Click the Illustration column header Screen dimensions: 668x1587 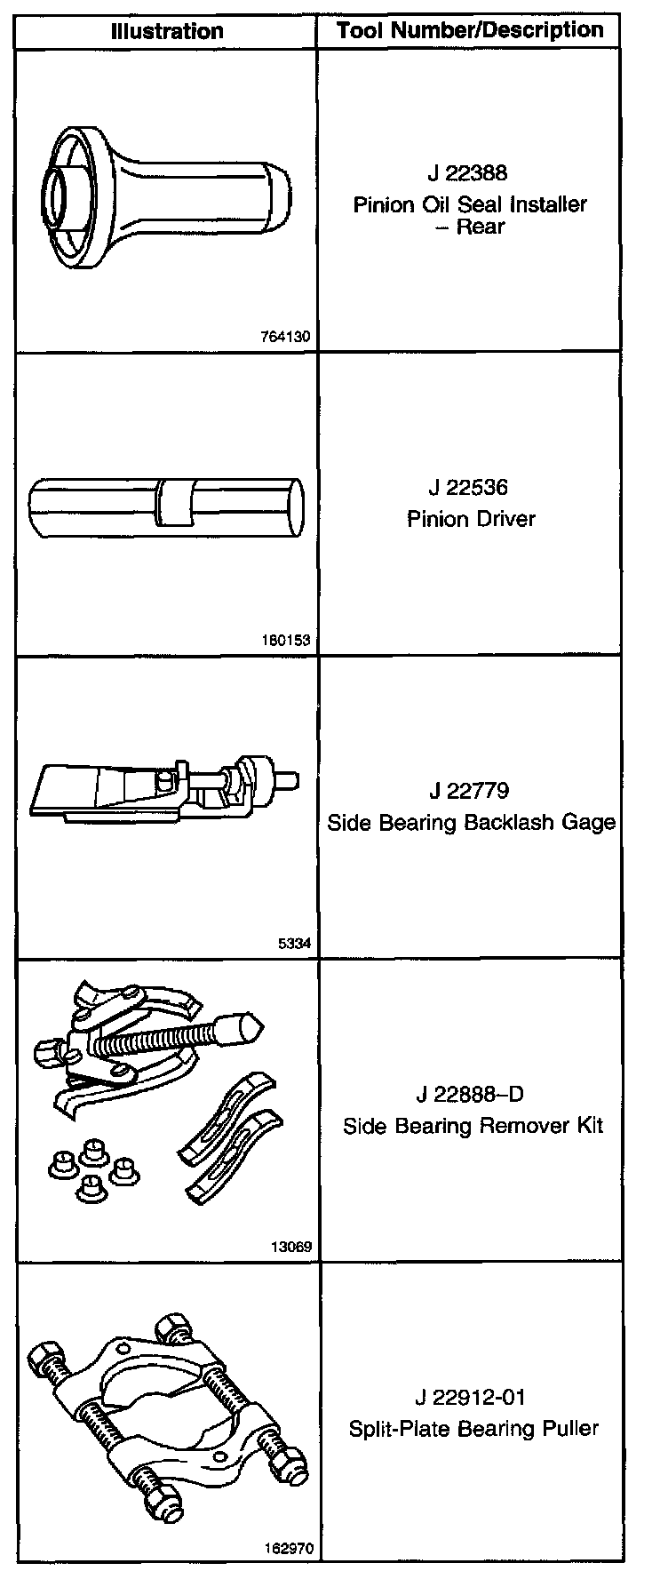coord(167,33)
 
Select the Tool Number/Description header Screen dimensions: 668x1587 coord(470,31)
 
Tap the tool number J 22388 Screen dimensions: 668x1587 coord(468,172)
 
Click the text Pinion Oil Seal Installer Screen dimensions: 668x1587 coord(470,205)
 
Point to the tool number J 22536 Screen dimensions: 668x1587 coord(468,487)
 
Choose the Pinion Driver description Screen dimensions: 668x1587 coord(471,519)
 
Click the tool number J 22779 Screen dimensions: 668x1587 coord(468,790)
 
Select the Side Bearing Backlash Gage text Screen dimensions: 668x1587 coord(471,822)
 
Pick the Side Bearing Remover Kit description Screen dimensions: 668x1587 coord(473,1126)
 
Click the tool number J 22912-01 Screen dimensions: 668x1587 coord(470,1397)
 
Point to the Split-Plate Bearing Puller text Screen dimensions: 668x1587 coord(473,1429)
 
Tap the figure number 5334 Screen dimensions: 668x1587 coord(297,943)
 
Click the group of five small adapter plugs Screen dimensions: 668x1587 coord(92,1166)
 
